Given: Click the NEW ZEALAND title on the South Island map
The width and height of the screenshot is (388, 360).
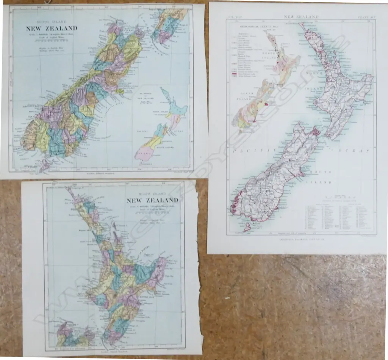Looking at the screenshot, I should tap(52, 28).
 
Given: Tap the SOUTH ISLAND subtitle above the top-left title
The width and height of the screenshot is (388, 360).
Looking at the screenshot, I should tap(52, 22).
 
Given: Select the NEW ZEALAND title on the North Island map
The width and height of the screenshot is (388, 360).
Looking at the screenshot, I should tap(152, 200).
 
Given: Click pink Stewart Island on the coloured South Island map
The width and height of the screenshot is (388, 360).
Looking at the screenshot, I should tap(44, 165).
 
